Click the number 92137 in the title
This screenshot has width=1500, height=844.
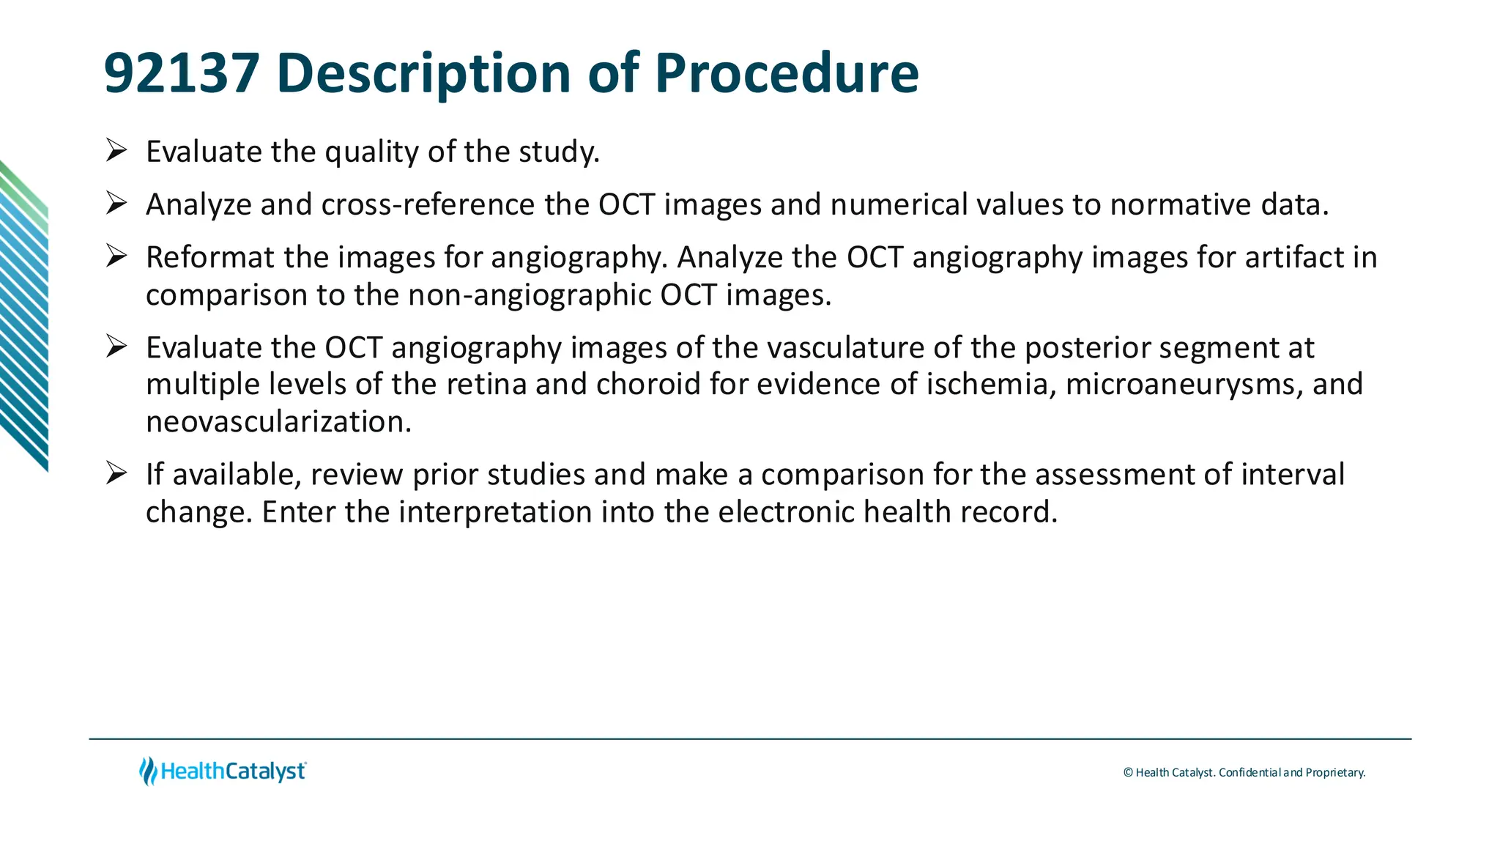[x=182, y=73]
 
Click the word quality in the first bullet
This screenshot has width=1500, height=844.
[x=372, y=152]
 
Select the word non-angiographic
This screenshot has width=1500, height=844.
[x=530, y=295]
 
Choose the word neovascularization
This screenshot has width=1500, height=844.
[x=278, y=422]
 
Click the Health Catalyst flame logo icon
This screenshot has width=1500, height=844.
[x=149, y=771]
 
